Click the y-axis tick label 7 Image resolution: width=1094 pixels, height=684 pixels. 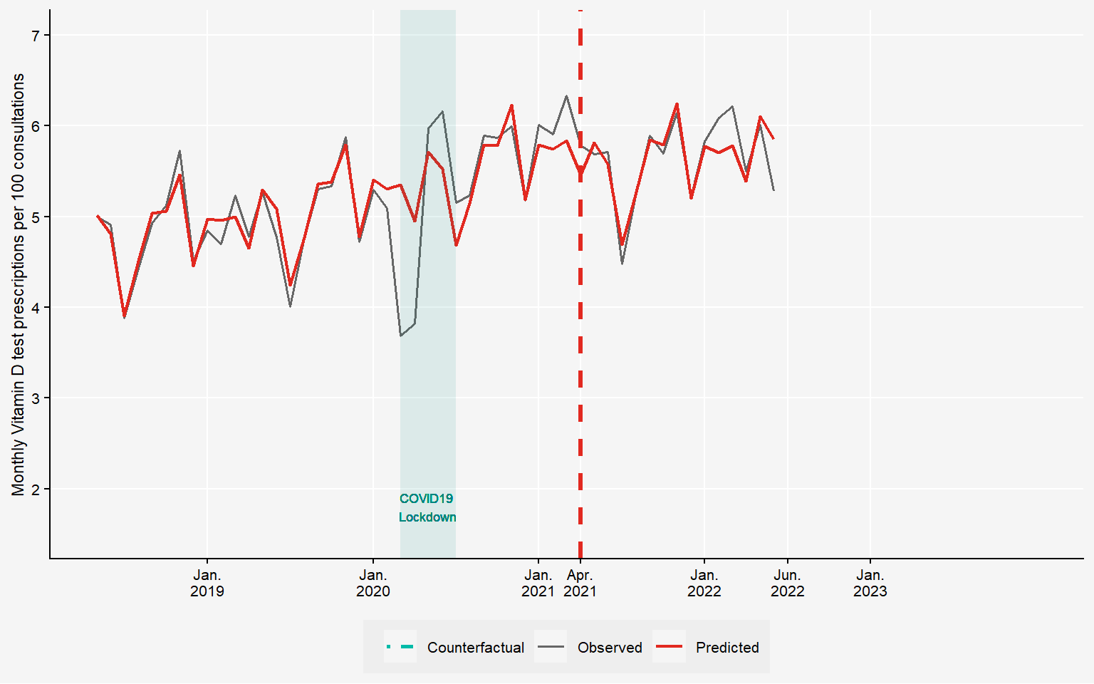point(36,35)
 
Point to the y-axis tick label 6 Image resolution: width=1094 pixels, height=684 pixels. point(36,126)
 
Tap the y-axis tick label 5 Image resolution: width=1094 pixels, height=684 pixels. point(36,217)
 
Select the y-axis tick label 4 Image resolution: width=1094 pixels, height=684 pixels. point(36,307)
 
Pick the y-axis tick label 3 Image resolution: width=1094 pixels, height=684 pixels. point(36,398)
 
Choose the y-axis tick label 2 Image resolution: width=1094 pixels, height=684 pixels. point(36,489)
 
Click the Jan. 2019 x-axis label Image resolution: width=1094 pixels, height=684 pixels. point(207,583)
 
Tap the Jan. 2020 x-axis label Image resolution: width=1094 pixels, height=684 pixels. point(373,583)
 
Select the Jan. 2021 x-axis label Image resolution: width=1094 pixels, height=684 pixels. point(538,583)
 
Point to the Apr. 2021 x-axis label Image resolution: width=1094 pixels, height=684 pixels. point(580,583)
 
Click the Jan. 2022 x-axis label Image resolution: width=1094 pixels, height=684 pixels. point(704,583)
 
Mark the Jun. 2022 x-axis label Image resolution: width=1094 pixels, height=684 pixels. point(787,583)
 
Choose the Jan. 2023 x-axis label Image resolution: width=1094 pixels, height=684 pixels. point(870,583)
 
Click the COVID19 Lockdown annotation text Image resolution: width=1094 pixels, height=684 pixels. point(427,508)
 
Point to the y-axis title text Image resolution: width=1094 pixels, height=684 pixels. point(19,284)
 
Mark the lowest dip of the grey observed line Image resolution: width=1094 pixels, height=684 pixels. point(401,336)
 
